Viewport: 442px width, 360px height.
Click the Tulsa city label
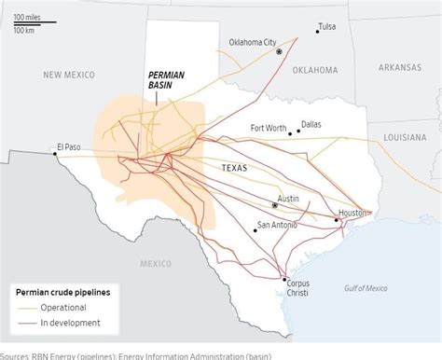click(x=331, y=25)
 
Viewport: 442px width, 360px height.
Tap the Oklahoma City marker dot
click(x=278, y=52)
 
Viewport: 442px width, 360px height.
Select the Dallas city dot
click(x=298, y=132)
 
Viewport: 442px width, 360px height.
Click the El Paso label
click(x=69, y=146)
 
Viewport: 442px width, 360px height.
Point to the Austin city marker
click(x=273, y=204)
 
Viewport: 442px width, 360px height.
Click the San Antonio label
click(x=276, y=225)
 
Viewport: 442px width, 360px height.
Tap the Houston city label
click(x=353, y=213)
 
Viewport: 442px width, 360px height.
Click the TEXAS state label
click(x=234, y=166)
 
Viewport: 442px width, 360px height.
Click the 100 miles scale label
click(x=25, y=18)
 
